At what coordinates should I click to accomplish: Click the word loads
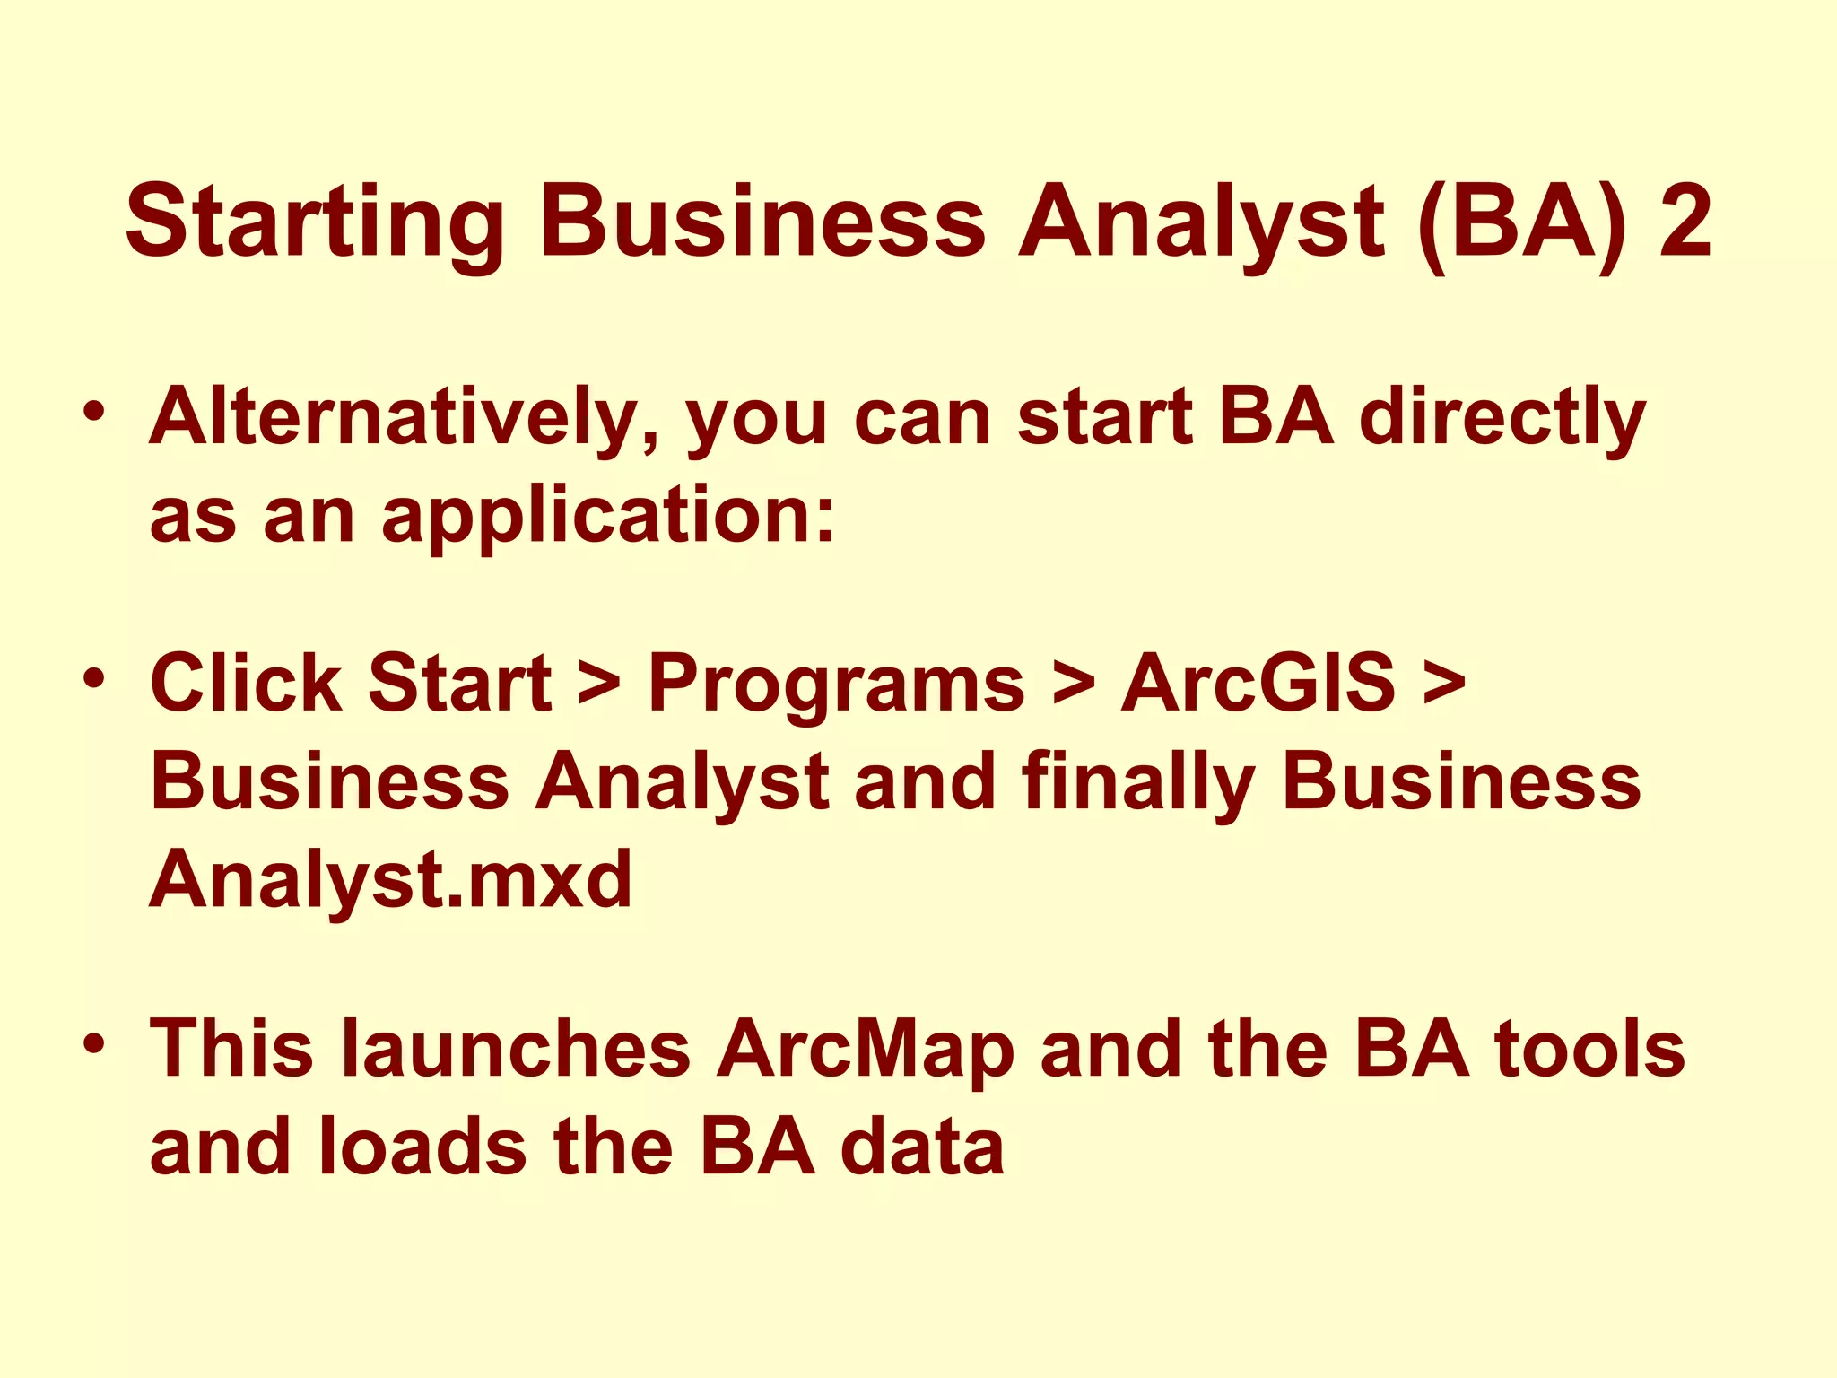[422, 1147]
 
